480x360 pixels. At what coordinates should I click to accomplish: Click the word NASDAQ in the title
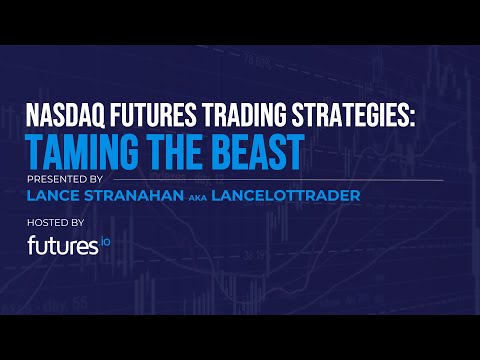pos(67,118)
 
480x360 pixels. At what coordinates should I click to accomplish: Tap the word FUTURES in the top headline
pos(153,118)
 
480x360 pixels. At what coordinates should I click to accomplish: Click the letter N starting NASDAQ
pos(35,118)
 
